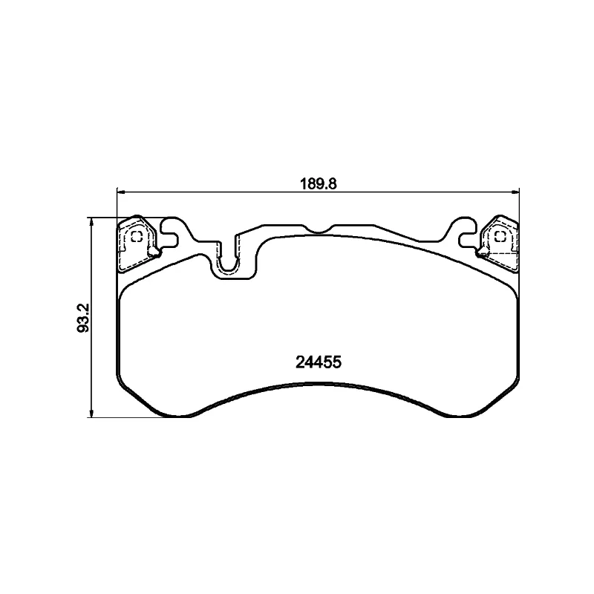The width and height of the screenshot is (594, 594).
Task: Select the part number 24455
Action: click(318, 363)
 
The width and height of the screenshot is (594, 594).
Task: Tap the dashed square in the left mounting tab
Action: click(137, 237)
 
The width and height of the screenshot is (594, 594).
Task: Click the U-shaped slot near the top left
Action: click(229, 261)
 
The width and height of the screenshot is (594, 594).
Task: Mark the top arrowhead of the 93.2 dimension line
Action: click(91, 221)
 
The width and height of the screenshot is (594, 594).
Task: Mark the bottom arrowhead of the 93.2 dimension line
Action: click(91, 412)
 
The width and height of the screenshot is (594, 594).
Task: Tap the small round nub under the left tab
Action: click(154, 254)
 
